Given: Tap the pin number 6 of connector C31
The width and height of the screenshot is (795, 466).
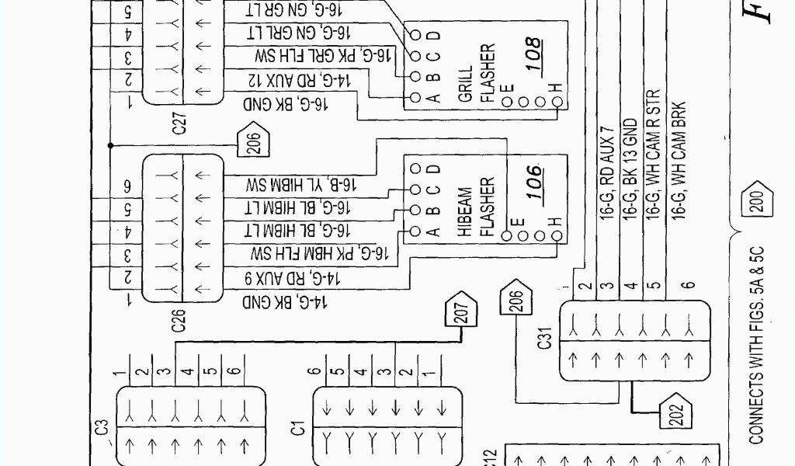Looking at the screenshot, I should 687,285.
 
